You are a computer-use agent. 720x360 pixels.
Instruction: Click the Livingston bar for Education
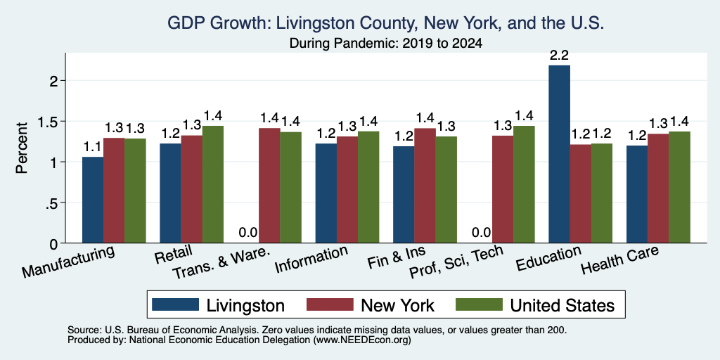click(x=559, y=154)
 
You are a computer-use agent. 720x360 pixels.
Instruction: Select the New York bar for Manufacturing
click(x=114, y=190)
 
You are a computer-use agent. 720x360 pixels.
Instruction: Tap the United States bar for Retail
click(x=212, y=184)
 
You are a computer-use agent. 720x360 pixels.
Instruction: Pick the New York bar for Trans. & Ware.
click(x=269, y=186)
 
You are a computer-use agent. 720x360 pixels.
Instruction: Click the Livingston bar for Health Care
click(x=637, y=194)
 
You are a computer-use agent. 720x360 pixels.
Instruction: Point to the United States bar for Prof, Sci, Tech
click(x=524, y=184)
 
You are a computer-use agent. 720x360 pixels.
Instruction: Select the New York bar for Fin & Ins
click(x=425, y=186)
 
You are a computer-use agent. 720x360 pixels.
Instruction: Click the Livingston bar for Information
click(x=326, y=193)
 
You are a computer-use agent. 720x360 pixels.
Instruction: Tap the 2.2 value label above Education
click(x=559, y=56)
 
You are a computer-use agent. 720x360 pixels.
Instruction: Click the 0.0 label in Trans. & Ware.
click(x=248, y=233)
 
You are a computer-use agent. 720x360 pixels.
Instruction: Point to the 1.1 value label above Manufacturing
click(x=92, y=147)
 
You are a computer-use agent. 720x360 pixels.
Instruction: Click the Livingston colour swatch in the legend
click(x=176, y=305)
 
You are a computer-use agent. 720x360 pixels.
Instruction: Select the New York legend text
click(x=397, y=305)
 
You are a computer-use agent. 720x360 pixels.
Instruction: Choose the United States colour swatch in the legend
click(x=480, y=305)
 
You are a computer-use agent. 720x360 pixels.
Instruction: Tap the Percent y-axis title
click(x=22, y=148)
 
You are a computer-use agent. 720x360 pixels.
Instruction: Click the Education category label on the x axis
click(x=548, y=259)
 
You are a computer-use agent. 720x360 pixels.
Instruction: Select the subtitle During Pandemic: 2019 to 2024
click(x=386, y=44)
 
